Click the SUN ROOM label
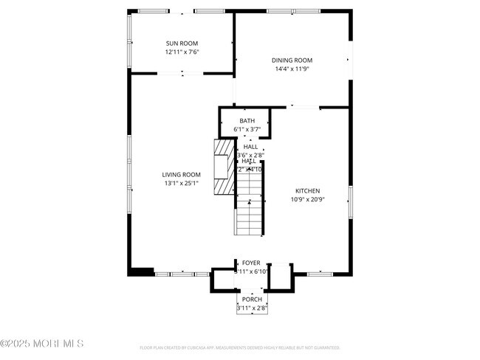click(x=182, y=44)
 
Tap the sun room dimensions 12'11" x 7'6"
click(x=182, y=52)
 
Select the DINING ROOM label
click(x=292, y=60)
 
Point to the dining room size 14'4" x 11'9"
click(x=292, y=69)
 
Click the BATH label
click(x=247, y=121)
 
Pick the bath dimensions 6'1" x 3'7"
click(x=247, y=130)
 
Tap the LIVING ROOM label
click(x=182, y=175)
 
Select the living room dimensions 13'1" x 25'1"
click(x=182, y=184)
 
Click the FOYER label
click(x=251, y=263)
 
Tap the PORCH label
click(x=252, y=300)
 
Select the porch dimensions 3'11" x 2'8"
click(x=252, y=308)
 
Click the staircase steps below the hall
click(x=250, y=218)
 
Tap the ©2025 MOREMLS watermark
click(x=42, y=343)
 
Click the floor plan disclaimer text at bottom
click(x=239, y=347)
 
